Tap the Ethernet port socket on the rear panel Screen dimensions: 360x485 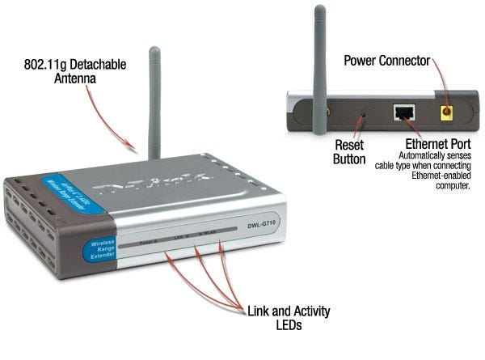(403, 113)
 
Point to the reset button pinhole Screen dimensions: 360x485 (361, 114)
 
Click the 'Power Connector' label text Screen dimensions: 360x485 (386, 61)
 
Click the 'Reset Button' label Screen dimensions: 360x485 (350, 151)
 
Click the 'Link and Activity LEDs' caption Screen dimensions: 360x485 (289, 317)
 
